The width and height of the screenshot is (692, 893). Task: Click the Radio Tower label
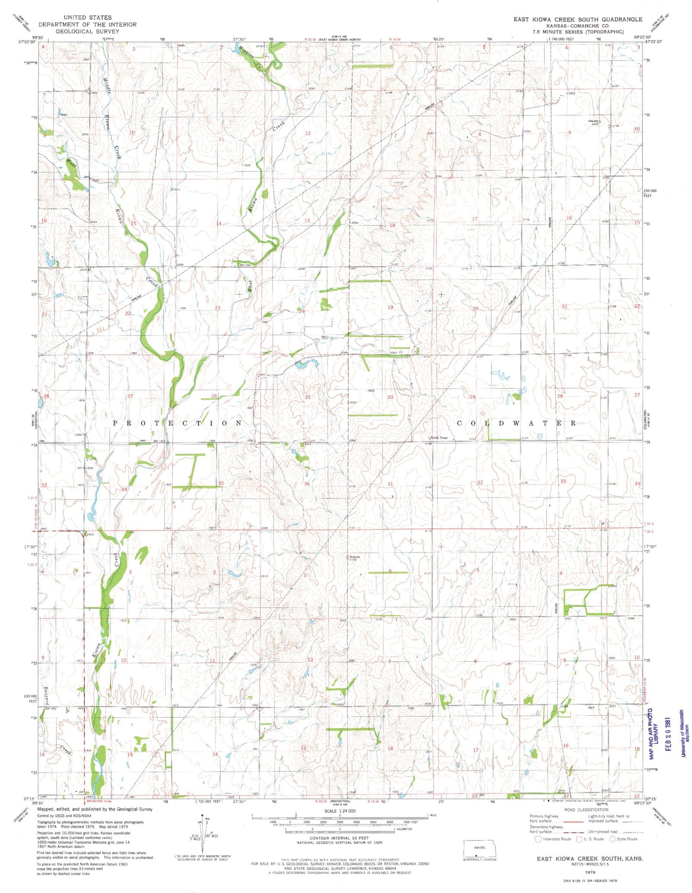(439, 438)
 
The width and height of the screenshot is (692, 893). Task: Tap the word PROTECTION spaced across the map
(178, 423)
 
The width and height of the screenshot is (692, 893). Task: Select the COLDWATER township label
(517, 423)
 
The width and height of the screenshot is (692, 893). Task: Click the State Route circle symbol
(612, 839)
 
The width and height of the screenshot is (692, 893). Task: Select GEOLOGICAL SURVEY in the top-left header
(87, 31)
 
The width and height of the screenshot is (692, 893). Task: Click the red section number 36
(307, 484)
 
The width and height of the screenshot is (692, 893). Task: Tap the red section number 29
(473, 397)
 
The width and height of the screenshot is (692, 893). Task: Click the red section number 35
(221, 483)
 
